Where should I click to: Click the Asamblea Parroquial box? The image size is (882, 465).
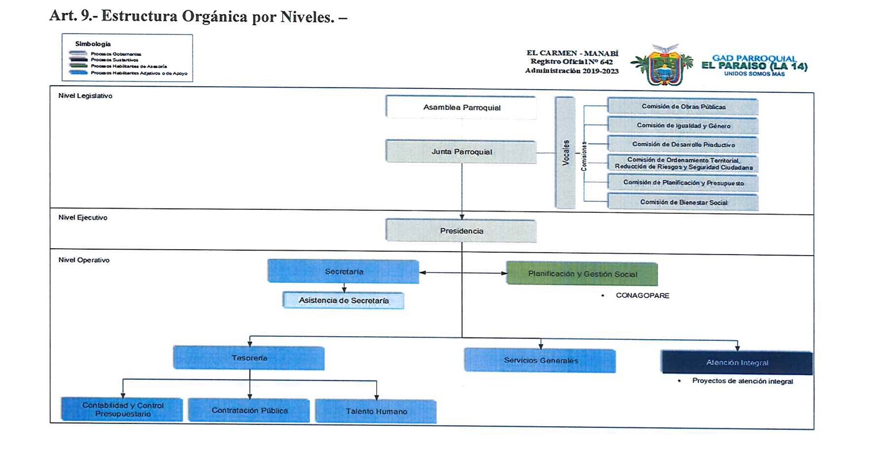pos(461,108)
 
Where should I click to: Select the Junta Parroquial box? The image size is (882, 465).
pos(461,152)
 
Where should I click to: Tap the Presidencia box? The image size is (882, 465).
pos(461,231)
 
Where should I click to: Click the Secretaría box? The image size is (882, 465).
pos(343,272)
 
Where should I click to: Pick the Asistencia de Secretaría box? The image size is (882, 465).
pos(343,300)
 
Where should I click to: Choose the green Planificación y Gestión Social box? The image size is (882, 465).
pos(581,274)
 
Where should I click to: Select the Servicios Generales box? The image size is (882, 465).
pos(540,360)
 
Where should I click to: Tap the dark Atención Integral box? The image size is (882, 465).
pos(736,363)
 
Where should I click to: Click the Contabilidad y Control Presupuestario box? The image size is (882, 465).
pos(123,410)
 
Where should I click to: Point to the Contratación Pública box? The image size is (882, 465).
pos(249,410)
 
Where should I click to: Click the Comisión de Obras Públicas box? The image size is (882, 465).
pos(683,107)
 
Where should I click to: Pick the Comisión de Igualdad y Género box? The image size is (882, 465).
pos(683,125)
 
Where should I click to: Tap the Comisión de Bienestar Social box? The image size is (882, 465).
pos(683,202)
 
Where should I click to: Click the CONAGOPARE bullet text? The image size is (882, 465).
pos(642,296)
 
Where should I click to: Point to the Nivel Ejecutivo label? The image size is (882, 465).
pos(82,218)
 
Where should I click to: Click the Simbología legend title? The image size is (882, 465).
pos(93,44)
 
